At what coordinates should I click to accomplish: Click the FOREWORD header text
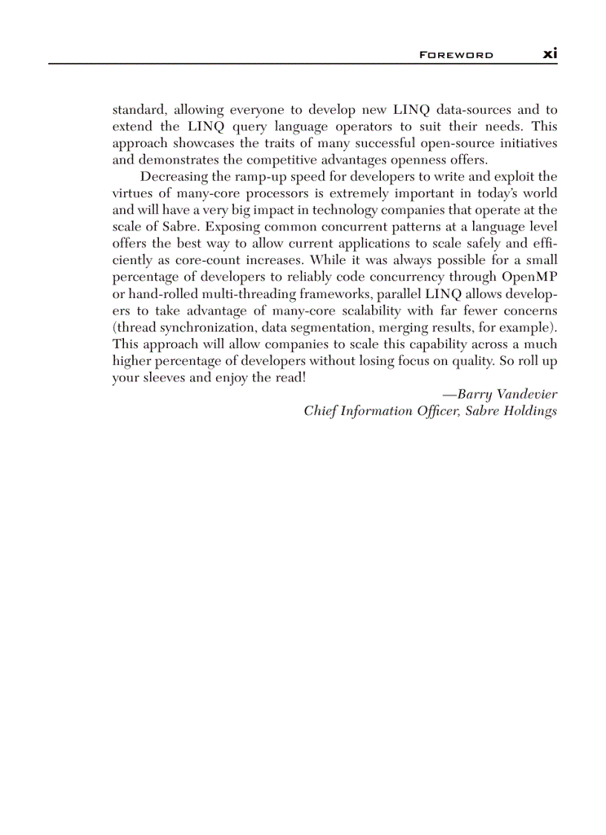point(456,55)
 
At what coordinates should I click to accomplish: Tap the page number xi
point(550,54)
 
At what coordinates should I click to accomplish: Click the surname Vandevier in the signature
point(524,394)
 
